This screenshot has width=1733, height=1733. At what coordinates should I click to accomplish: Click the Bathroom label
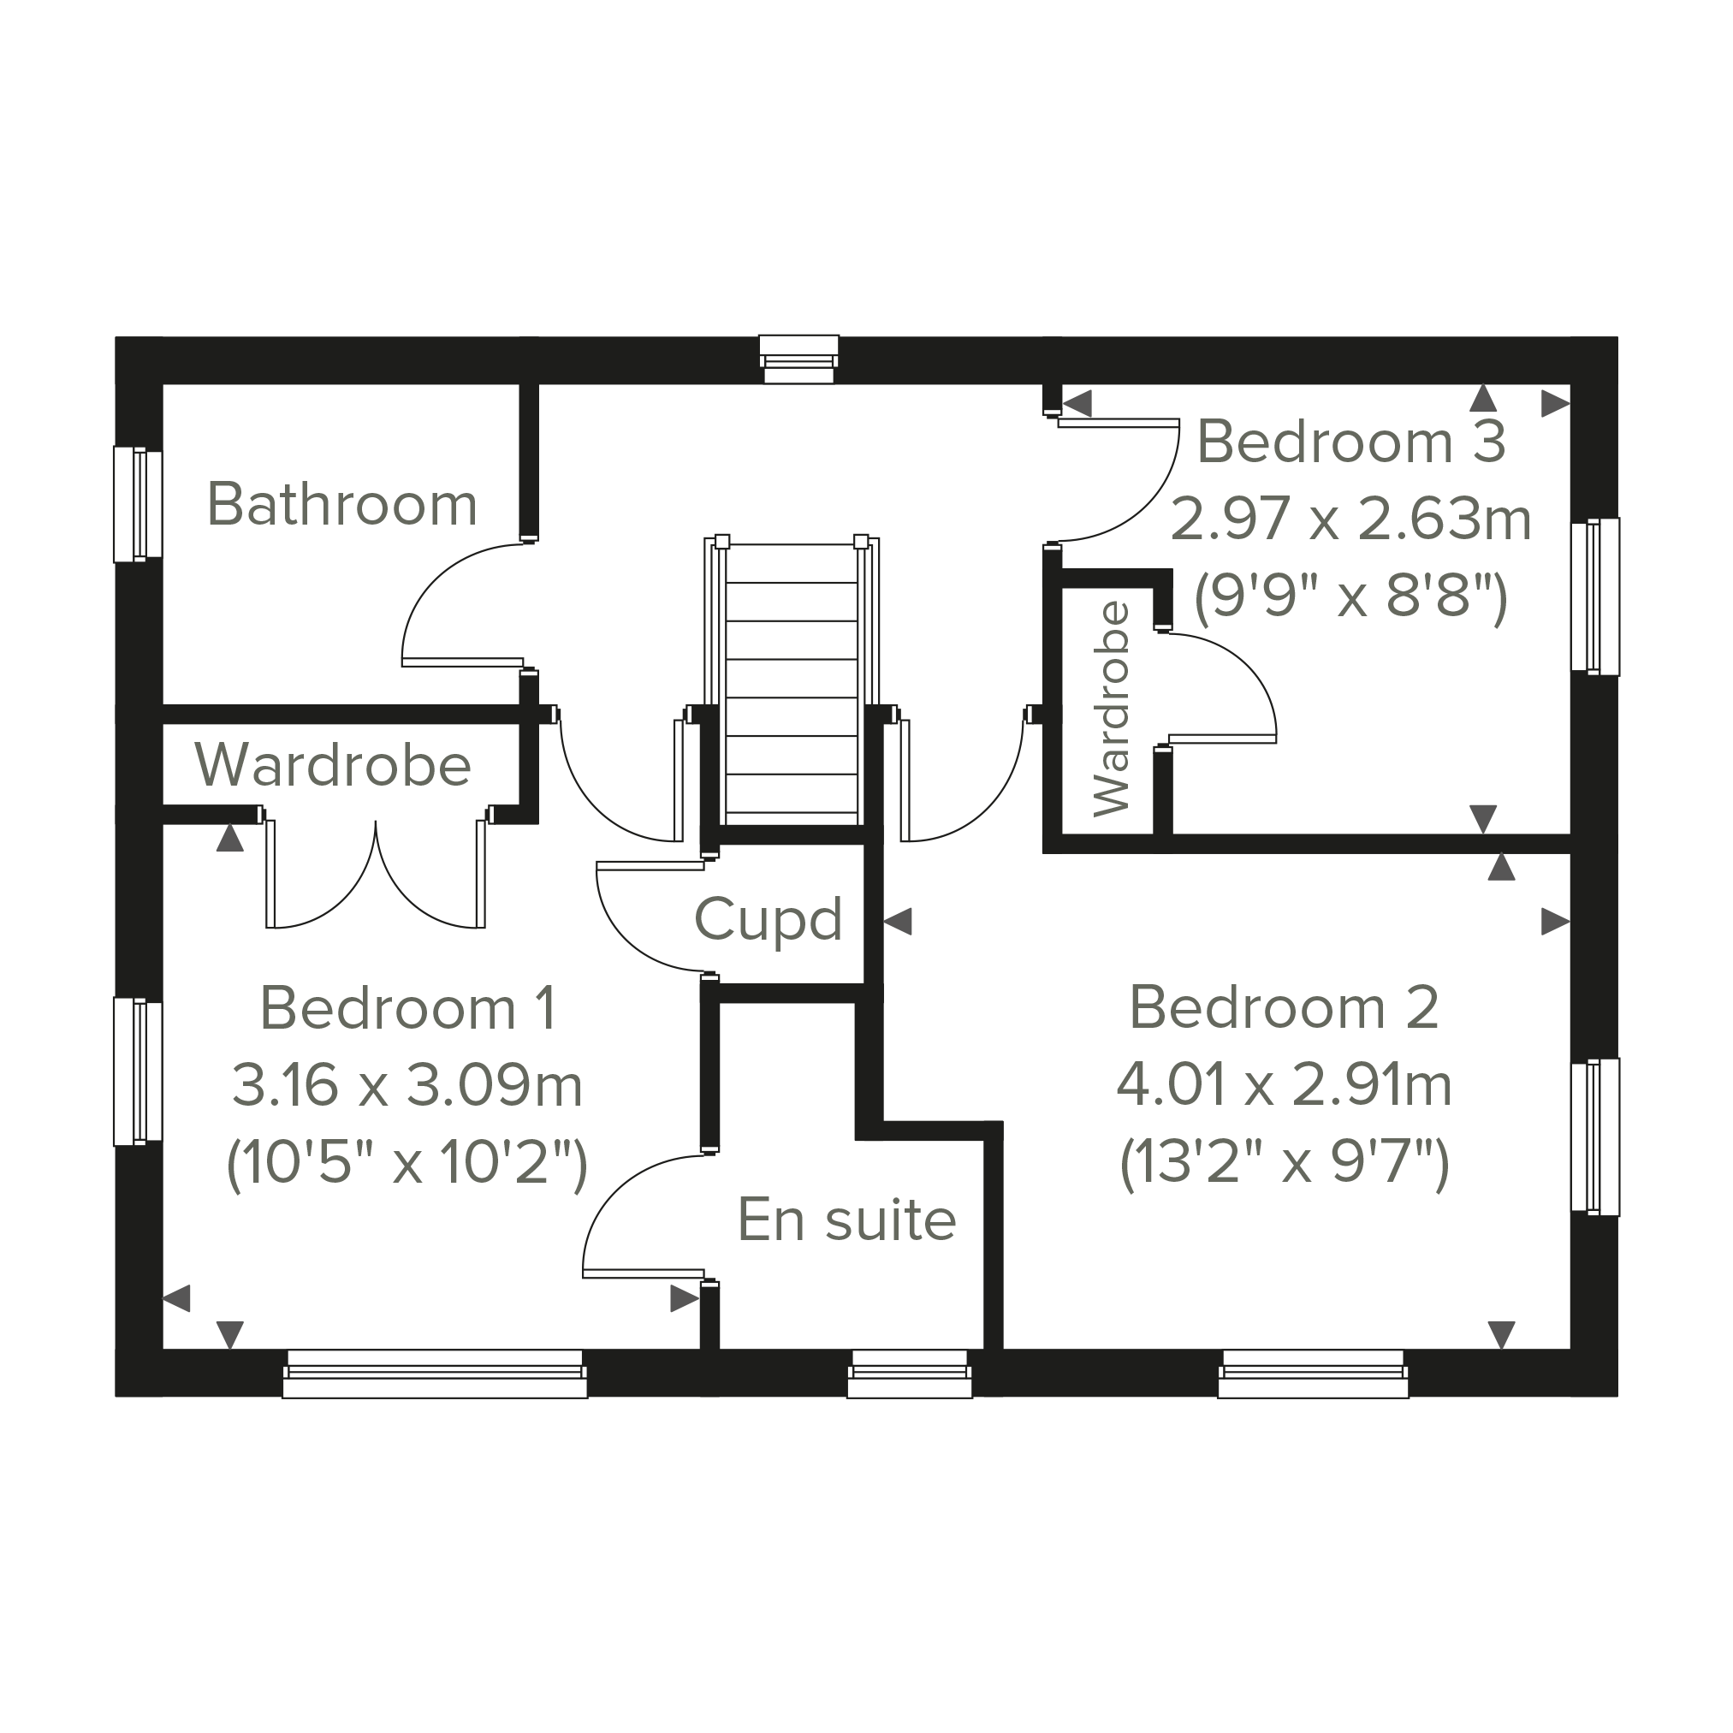point(341,504)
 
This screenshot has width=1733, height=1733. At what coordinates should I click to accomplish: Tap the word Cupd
point(769,920)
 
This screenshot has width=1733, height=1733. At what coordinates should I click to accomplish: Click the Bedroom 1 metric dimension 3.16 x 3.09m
point(407,1084)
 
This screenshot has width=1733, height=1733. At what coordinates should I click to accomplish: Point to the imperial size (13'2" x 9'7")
point(1285,1163)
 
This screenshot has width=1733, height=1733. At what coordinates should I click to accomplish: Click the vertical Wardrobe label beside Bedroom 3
point(1112,709)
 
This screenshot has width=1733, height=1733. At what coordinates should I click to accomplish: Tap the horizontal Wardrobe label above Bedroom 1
point(333,764)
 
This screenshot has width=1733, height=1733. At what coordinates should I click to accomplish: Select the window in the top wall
point(798,359)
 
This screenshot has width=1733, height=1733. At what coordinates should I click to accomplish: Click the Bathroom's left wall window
point(138,504)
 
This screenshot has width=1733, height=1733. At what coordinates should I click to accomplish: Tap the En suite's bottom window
point(910,1374)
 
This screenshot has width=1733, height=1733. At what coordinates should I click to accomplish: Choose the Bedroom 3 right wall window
point(1595,596)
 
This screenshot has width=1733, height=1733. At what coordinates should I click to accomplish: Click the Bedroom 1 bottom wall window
point(434,1374)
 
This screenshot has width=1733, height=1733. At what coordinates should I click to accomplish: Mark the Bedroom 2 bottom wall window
point(1313,1374)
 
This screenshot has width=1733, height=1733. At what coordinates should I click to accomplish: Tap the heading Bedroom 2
point(1284,1007)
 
